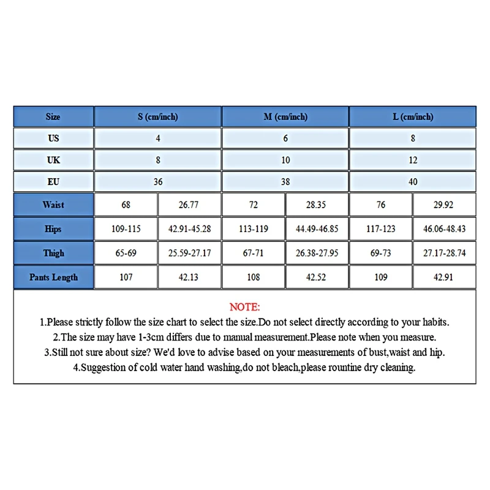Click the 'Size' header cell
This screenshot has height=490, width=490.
pyautogui.click(x=53, y=117)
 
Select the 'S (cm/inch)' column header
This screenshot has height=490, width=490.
pyautogui.click(x=157, y=117)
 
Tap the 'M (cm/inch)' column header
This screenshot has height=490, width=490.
pyautogui.click(x=285, y=117)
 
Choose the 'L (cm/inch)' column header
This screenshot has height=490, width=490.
pyautogui.click(x=413, y=117)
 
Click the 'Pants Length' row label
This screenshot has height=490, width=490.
pyautogui.click(x=53, y=277)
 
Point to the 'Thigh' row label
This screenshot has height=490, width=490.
pyautogui.click(x=53, y=253)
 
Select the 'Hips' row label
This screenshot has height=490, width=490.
pyautogui.click(x=53, y=229)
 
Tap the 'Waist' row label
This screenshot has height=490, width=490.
pyautogui.click(x=53, y=205)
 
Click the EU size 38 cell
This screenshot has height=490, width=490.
pyautogui.click(x=285, y=182)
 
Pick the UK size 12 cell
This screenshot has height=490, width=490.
pyautogui.click(x=413, y=160)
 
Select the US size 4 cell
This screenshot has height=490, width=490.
pyautogui.click(x=157, y=138)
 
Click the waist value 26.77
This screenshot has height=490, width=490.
pyautogui.click(x=189, y=205)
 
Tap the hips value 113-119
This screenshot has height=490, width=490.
pyautogui.click(x=254, y=229)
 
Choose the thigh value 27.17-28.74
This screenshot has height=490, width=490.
pyautogui.click(x=445, y=253)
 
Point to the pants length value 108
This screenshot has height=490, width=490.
pyautogui.click(x=254, y=277)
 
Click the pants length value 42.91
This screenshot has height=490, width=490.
pyautogui.click(x=445, y=277)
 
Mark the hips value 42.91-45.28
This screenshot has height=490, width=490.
pyautogui.click(x=189, y=229)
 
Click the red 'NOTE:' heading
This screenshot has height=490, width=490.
pyautogui.click(x=244, y=307)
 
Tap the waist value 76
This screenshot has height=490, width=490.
pyautogui.click(x=381, y=205)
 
